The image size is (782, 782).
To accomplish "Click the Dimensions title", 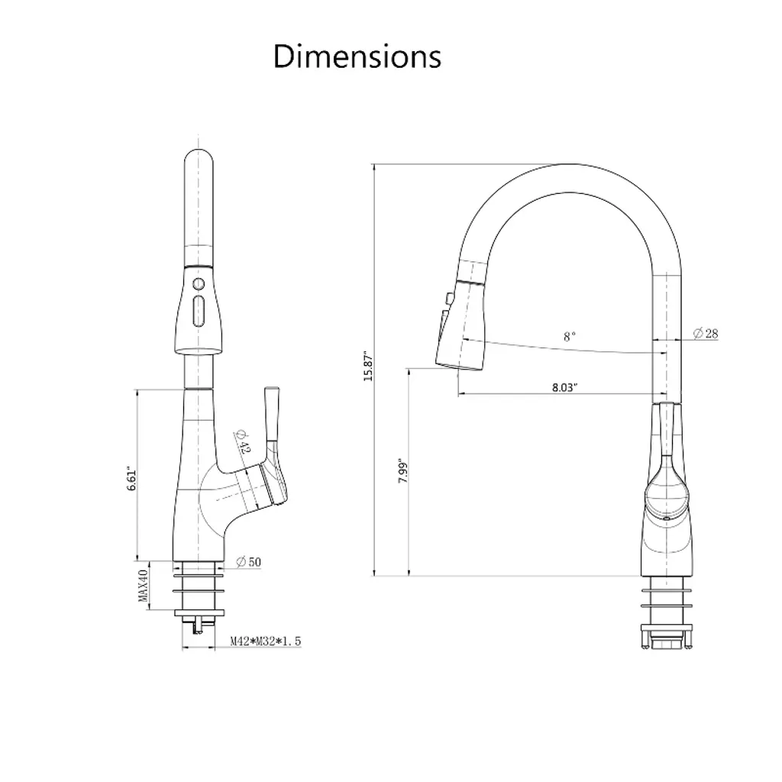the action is click(357, 56).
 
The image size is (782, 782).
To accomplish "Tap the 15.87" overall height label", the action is click(368, 365).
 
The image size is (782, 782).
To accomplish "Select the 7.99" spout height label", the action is click(403, 470).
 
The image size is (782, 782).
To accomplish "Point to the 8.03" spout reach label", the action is click(564, 387).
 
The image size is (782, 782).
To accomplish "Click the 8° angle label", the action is click(570, 337).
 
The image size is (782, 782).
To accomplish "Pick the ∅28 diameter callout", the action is click(706, 333).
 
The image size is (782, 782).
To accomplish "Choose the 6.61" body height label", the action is click(131, 479).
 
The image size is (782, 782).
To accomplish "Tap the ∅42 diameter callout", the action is click(241, 441).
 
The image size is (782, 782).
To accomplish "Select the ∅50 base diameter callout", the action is click(248, 562).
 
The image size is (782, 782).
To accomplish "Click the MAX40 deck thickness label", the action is click(144, 586).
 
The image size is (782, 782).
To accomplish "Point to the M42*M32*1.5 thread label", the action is click(266, 641).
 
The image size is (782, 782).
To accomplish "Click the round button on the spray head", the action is click(199, 285).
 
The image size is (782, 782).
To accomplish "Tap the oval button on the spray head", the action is click(199, 312).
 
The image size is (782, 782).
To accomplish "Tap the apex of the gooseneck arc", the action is click(574, 164).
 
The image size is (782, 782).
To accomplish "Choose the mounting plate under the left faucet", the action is click(199, 612).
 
